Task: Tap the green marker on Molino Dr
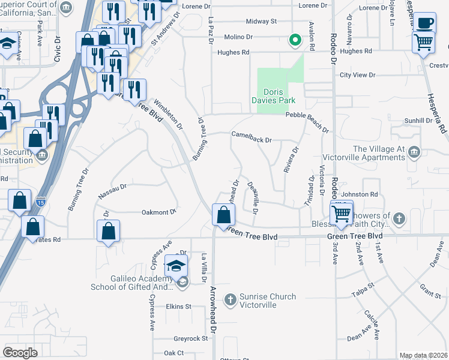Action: (x=295, y=40)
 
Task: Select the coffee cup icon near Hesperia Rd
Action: (x=425, y=22)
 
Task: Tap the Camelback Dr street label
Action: (x=252, y=140)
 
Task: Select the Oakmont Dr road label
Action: (x=158, y=212)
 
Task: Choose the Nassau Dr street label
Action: (x=112, y=191)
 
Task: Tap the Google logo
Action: (x=20, y=352)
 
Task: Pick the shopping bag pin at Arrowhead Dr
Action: (x=223, y=215)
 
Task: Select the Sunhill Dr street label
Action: (x=418, y=121)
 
